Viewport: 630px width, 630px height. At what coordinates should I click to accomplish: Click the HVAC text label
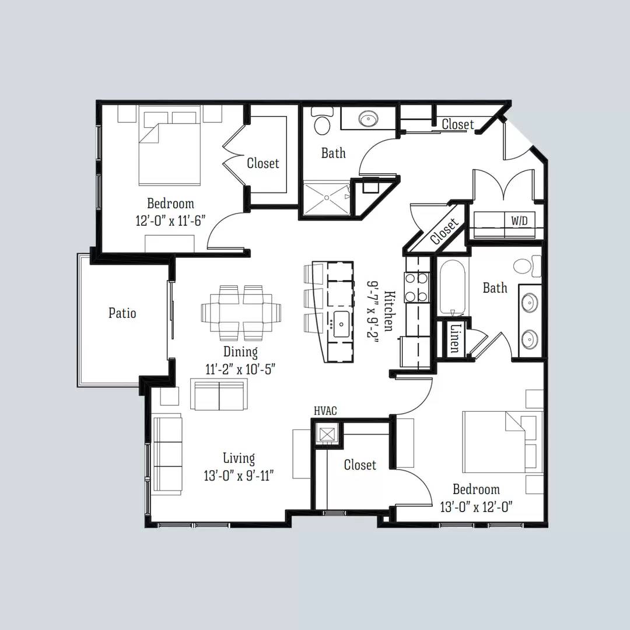[x=325, y=411]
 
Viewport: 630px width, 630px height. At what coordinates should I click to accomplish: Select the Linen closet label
[x=454, y=338]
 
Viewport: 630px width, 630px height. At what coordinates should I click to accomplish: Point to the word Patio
[x=123, y=313]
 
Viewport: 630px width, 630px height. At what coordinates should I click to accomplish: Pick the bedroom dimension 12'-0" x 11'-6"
[x=170, y=221]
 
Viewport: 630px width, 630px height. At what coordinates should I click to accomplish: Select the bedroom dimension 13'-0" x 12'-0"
[x=476, y=506]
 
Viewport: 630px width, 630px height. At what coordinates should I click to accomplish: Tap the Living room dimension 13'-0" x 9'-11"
[x=239, y=475]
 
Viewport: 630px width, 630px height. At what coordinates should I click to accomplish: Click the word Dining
[x=240, y=352]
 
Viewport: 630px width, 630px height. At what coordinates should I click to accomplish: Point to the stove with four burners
[x=417, y=286]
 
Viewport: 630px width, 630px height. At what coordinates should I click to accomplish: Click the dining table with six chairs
[x=241, y=313]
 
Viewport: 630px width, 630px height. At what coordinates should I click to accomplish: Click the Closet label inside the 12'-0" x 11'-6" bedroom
[x=263, y=163]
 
